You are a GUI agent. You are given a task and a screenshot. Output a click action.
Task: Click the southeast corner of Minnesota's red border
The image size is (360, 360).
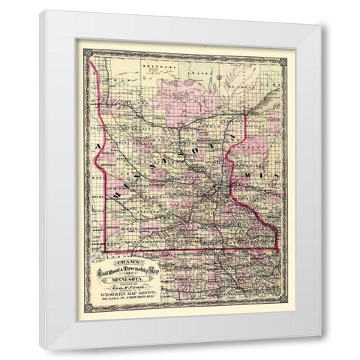point(277,247)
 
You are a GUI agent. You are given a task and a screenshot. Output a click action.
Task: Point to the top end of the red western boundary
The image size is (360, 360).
point(90,61)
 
